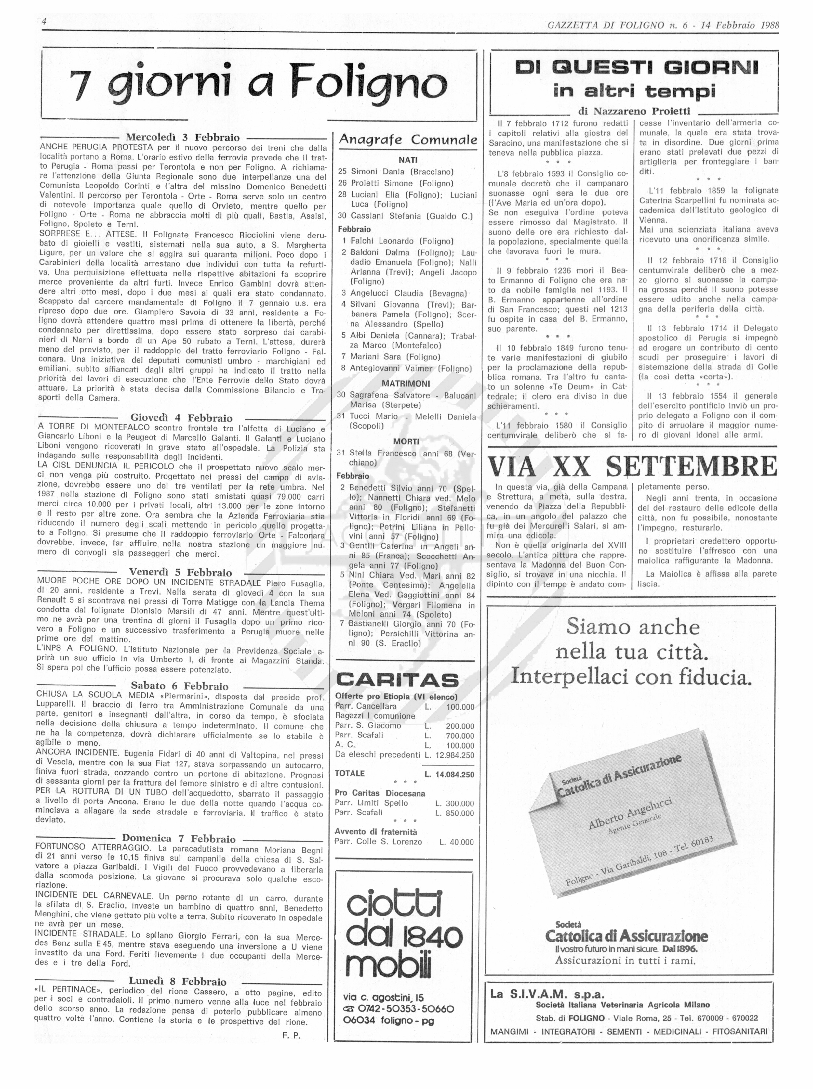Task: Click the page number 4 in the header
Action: tap(44, 22)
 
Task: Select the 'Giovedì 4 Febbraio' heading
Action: tap(181, 418)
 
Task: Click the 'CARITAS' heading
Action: tap(397, 680)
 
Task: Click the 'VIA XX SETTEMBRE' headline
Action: tap(632, 467)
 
